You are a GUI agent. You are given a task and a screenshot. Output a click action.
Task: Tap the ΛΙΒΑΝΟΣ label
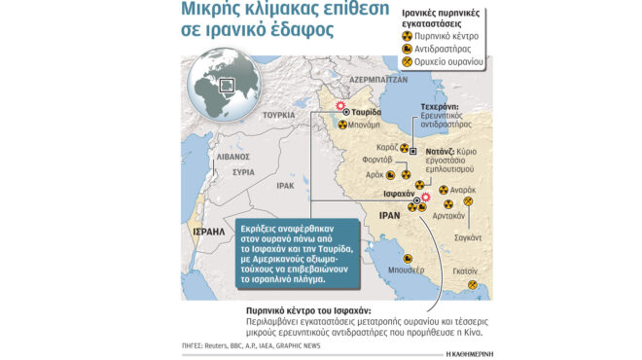[233, 156]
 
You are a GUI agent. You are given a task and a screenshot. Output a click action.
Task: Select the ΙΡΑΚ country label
[285, 184]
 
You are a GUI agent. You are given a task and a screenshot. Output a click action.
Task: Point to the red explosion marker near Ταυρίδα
[339, 105]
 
